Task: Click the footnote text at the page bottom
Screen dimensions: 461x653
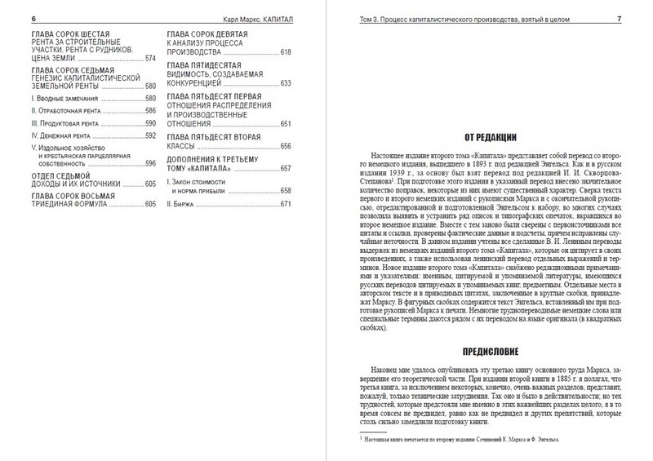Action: (466, 440)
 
